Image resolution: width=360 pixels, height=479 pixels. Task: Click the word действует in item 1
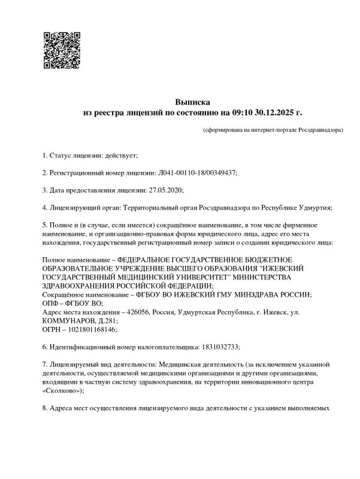point(121,156)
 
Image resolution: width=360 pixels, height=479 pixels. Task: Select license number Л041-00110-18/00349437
point(197,172)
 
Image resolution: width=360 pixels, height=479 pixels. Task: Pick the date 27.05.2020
point(164,190)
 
